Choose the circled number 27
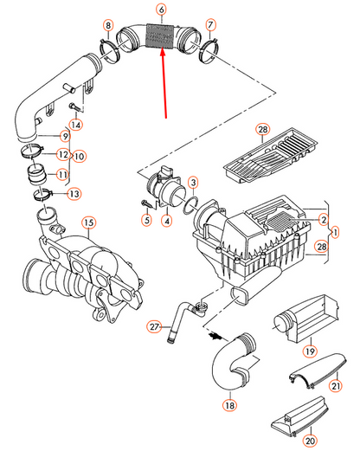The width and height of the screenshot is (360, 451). (x=155, y=326)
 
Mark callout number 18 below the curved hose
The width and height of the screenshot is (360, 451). (x=229, y=404)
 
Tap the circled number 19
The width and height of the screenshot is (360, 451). (x=309, y=352)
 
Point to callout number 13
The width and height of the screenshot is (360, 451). (x=74, y=193)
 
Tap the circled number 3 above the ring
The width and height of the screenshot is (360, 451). (x=193, y=183)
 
